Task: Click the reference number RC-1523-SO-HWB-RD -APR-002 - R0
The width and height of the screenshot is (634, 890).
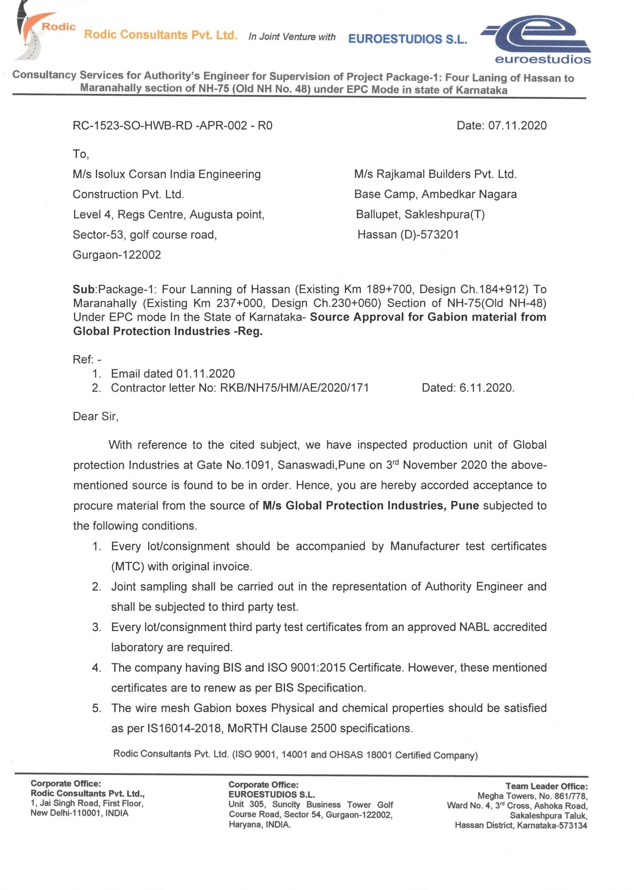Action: pos(172,126)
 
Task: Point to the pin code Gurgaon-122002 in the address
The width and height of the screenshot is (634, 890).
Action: pos(117,255)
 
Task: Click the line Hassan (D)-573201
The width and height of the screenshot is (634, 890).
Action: pos(408,235)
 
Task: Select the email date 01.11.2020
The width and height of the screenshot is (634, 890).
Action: pos(205,374)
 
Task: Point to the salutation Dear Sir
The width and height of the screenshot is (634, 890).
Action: pos(95,416)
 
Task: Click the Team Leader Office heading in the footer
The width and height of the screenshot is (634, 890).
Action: pos(546,786)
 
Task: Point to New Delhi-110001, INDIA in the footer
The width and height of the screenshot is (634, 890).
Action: pos(79,813)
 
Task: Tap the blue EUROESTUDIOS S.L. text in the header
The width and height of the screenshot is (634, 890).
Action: pos(407,39)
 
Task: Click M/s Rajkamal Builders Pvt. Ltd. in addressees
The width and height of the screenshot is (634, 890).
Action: pos(435,174)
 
